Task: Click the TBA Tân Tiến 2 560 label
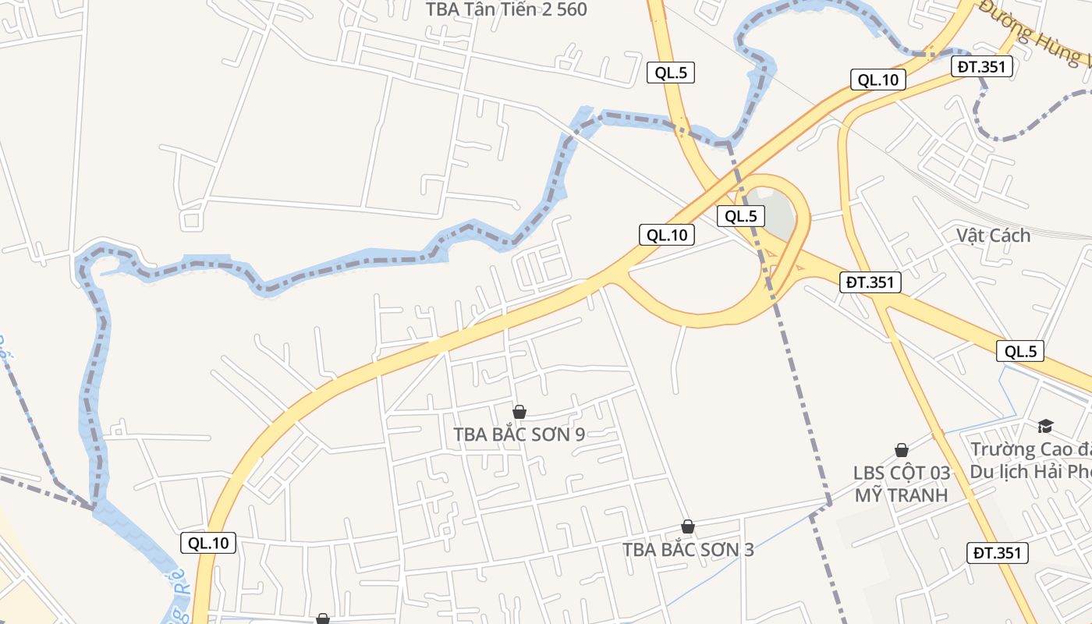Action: click(x=505, y=9)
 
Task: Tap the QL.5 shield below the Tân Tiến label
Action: click(x=670, y=73)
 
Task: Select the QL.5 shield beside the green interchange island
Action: click(x=740, y=216)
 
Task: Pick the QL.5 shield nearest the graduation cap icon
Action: click(x=1020, y=351)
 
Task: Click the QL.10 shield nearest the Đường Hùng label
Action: click(x=877, y=80)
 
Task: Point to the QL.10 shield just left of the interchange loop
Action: click(x=667, y=234)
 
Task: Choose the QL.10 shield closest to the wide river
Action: click(x=208, y=543)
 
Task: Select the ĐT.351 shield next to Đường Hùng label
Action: click(x=982, y=67)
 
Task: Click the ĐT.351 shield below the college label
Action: click(x=998, y=553)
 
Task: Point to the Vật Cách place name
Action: click(x=993, y=236)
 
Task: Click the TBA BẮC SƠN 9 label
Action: click(x=519, y=434)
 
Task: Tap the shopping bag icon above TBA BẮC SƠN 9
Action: click(x=519, y=412)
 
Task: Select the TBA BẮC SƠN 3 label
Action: click(x=688, y=549)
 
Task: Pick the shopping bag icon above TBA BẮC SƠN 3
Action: click(x=687, y=526)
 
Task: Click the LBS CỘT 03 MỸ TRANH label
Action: click(x=901, y=484)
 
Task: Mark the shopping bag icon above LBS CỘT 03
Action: click(x=902, y=450)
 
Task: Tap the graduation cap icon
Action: click(x=1045, y=426)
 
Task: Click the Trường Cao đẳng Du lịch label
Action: click(x=1030, y=461)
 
